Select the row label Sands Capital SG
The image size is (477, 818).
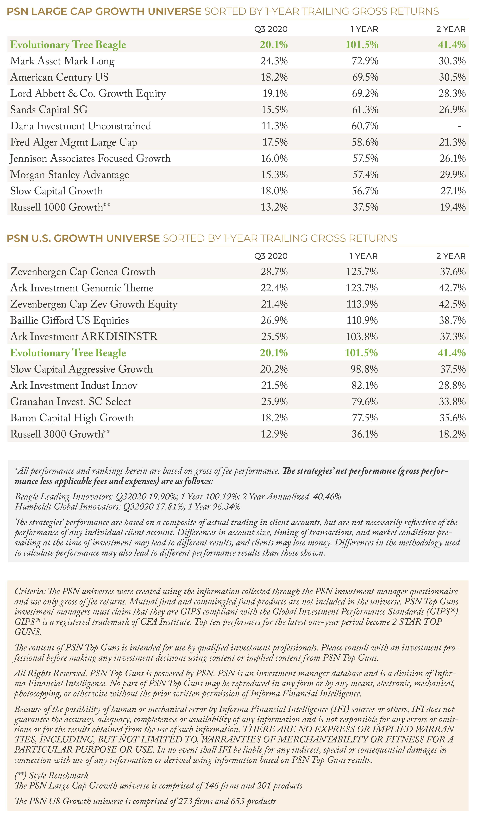49,110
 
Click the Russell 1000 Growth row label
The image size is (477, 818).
60,207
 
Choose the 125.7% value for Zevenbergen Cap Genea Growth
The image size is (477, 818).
362,272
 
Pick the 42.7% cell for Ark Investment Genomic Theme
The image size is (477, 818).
452,288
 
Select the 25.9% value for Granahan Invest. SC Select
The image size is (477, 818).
274,402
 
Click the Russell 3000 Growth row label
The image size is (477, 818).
60,434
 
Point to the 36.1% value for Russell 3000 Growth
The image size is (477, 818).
365,434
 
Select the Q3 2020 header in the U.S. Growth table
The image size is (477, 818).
271,256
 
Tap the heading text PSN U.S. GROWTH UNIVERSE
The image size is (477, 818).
83,238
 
